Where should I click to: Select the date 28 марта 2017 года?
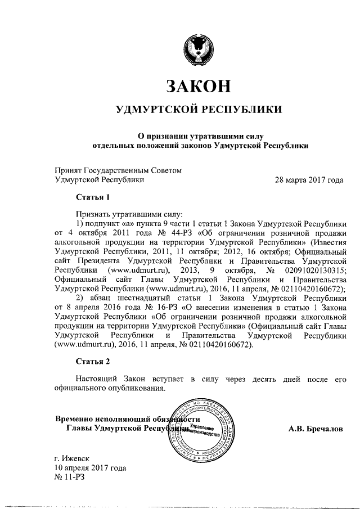(x=309, y=180)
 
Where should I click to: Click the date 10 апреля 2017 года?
(x=90, y=468)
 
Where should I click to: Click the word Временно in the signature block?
(x=76, y=420)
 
